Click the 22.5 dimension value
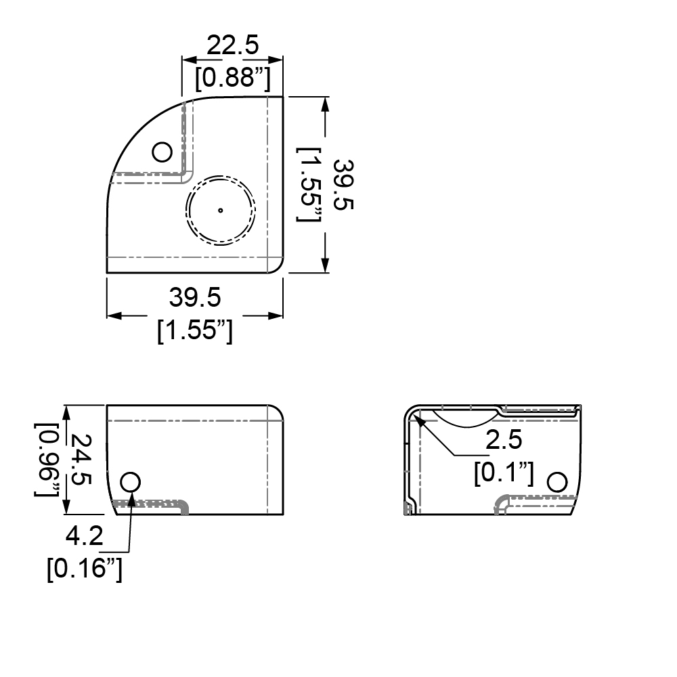pyautogui.click(x=232, y=46)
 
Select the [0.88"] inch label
pyautogui.click(x=232, y=79)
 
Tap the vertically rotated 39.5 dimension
pyautogui.click(x=345, y=184)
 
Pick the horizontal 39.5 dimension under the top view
pyautogui.click(x=195, y=297)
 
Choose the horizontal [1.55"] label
pyautogui.click(x=195, y=331)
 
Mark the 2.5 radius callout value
pyautogui.click(x=504, y=440)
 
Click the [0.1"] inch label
pyautogui.click(x=504, y=473)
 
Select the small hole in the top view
pyautogui.click(x=162, y=152)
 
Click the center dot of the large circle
pyautogui.click(x=220, y=210)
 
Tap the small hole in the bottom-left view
pyautogui.click(x=130, y=482)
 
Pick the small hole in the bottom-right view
pyautogui.click(x=556, y=482)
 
